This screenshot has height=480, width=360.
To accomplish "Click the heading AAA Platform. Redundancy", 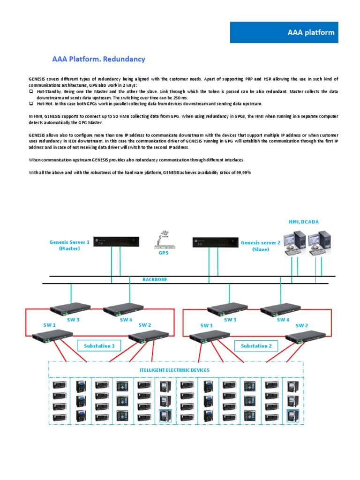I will [98, 59].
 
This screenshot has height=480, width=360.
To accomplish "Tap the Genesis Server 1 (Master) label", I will [69, 245].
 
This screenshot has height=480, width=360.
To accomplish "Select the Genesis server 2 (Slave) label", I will [261, 246].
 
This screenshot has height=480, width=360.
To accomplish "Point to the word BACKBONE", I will [155, 279].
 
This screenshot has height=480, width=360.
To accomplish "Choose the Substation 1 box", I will [99, 346].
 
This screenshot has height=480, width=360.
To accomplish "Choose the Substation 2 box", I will [256, 346].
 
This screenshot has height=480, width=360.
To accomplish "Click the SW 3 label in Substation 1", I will [73, 320].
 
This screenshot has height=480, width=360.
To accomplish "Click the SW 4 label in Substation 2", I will [283, 320].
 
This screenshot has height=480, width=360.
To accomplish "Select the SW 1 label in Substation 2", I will [207, 325].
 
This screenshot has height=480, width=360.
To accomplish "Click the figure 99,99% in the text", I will [242, 172].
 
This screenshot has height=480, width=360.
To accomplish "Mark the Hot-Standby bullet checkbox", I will [31, 91].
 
